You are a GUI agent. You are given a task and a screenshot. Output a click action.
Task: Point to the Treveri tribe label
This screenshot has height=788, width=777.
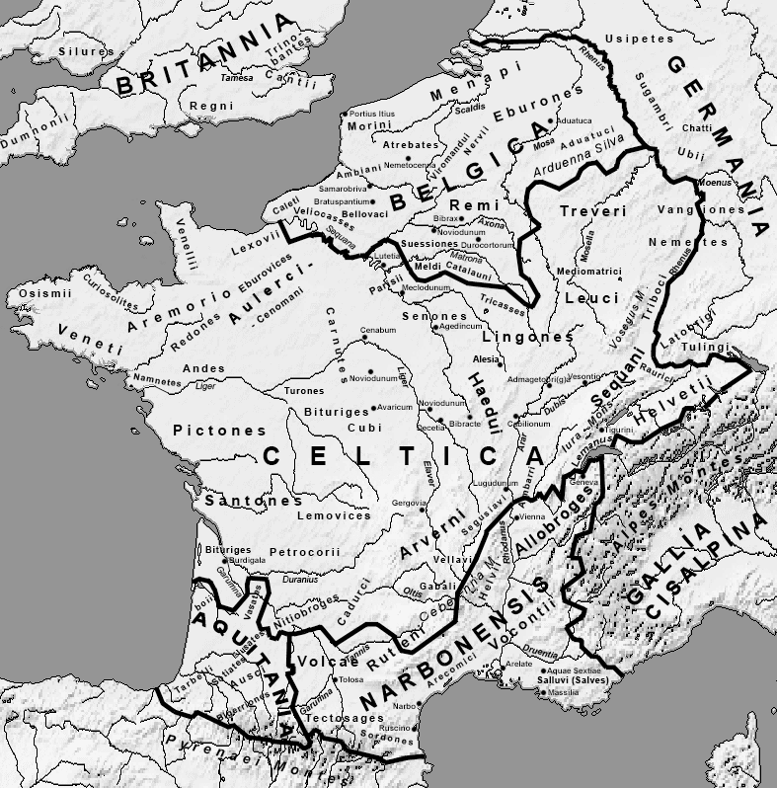tap(592, 211)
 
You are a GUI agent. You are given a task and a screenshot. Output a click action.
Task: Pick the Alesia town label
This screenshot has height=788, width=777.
tap(486, 360)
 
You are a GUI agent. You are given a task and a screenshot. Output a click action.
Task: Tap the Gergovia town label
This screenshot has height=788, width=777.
tap(409, 503)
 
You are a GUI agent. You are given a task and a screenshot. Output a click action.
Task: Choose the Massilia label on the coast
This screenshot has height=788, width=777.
tap(564, 692)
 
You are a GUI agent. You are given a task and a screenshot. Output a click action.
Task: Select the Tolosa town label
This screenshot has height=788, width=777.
tap(351, 679)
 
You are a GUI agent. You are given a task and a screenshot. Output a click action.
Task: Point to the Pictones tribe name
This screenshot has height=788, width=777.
tap(219, 431)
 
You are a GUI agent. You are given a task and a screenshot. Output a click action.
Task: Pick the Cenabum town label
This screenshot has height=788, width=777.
tap(377, 330)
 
